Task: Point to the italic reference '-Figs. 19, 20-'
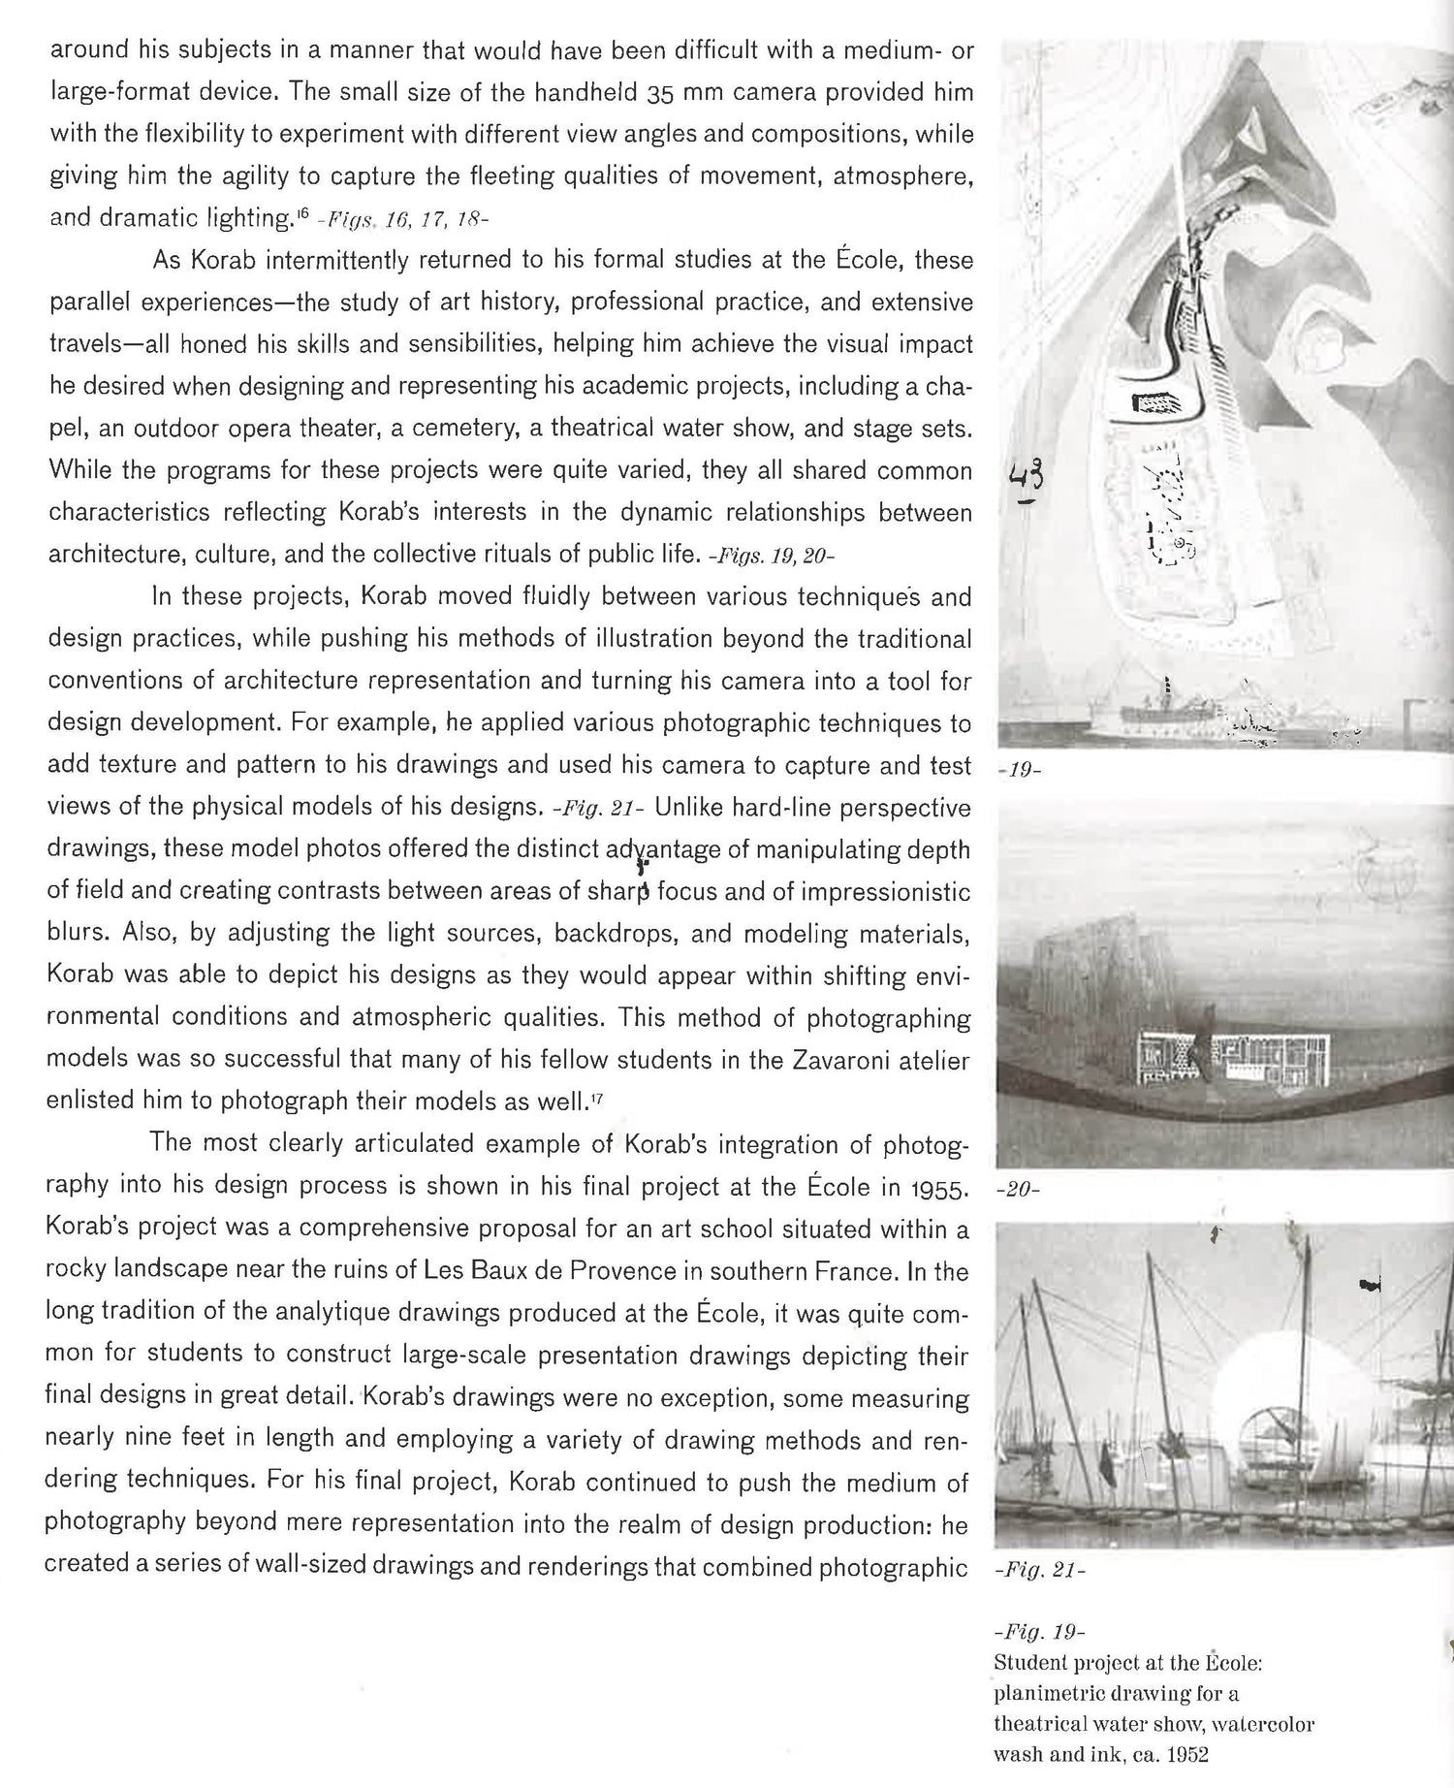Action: (x=772, y=557)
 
